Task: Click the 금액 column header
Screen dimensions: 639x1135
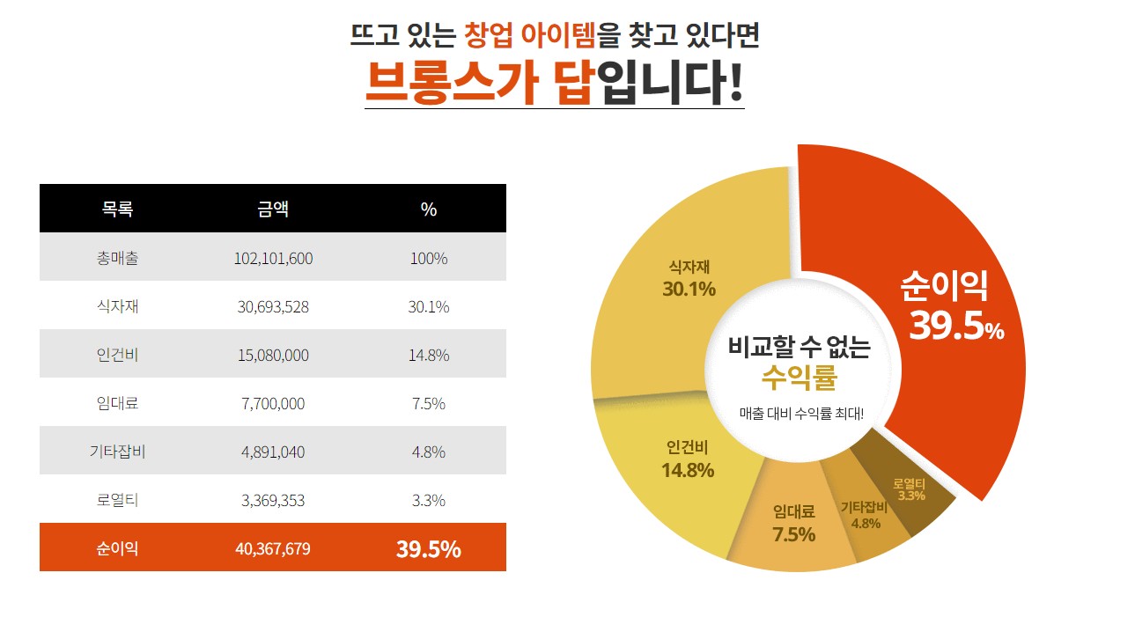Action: [273, 209]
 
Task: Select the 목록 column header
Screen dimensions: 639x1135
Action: [117, 209]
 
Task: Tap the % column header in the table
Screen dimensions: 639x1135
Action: [429, 209]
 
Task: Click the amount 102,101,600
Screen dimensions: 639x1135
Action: [273, 259]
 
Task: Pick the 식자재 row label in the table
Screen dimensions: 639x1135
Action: [117, 307]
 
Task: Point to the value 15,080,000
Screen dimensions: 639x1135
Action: [273, 356]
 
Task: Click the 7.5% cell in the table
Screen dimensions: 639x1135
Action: [429, 404]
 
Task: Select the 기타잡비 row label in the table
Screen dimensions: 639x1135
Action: [117, 452]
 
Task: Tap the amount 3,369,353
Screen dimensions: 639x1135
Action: [273, 501]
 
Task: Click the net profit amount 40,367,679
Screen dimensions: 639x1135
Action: [273, 549]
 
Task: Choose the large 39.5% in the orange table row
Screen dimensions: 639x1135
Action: [429, 549]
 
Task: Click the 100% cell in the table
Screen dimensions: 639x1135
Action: [429, 259]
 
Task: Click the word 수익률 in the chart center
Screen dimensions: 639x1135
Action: [799, 378]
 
